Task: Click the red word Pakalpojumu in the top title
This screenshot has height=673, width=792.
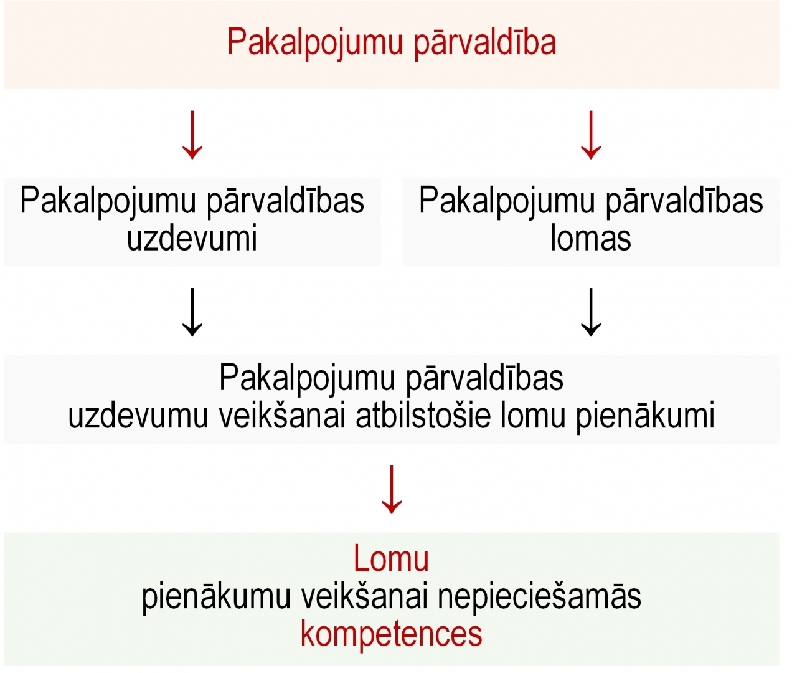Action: click(x=315, y=43)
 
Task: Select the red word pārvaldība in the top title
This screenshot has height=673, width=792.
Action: click(x=485, y=42)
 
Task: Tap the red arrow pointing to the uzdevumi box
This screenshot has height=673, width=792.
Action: click(x=192, y=135)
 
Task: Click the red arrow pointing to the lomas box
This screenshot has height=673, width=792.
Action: click(x=591, y=135)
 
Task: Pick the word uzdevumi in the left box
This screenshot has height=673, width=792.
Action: click(x=192, y=238)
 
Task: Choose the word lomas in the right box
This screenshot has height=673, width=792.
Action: click(x=590, y=238)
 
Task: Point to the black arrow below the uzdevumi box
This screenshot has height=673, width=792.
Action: click(x=192, y=312)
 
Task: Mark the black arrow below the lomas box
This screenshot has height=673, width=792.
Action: click(x=591, y=312)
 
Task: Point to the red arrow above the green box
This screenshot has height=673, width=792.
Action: click(x=392, y=489)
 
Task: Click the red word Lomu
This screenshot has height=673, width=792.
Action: click(x=391, y=559)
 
